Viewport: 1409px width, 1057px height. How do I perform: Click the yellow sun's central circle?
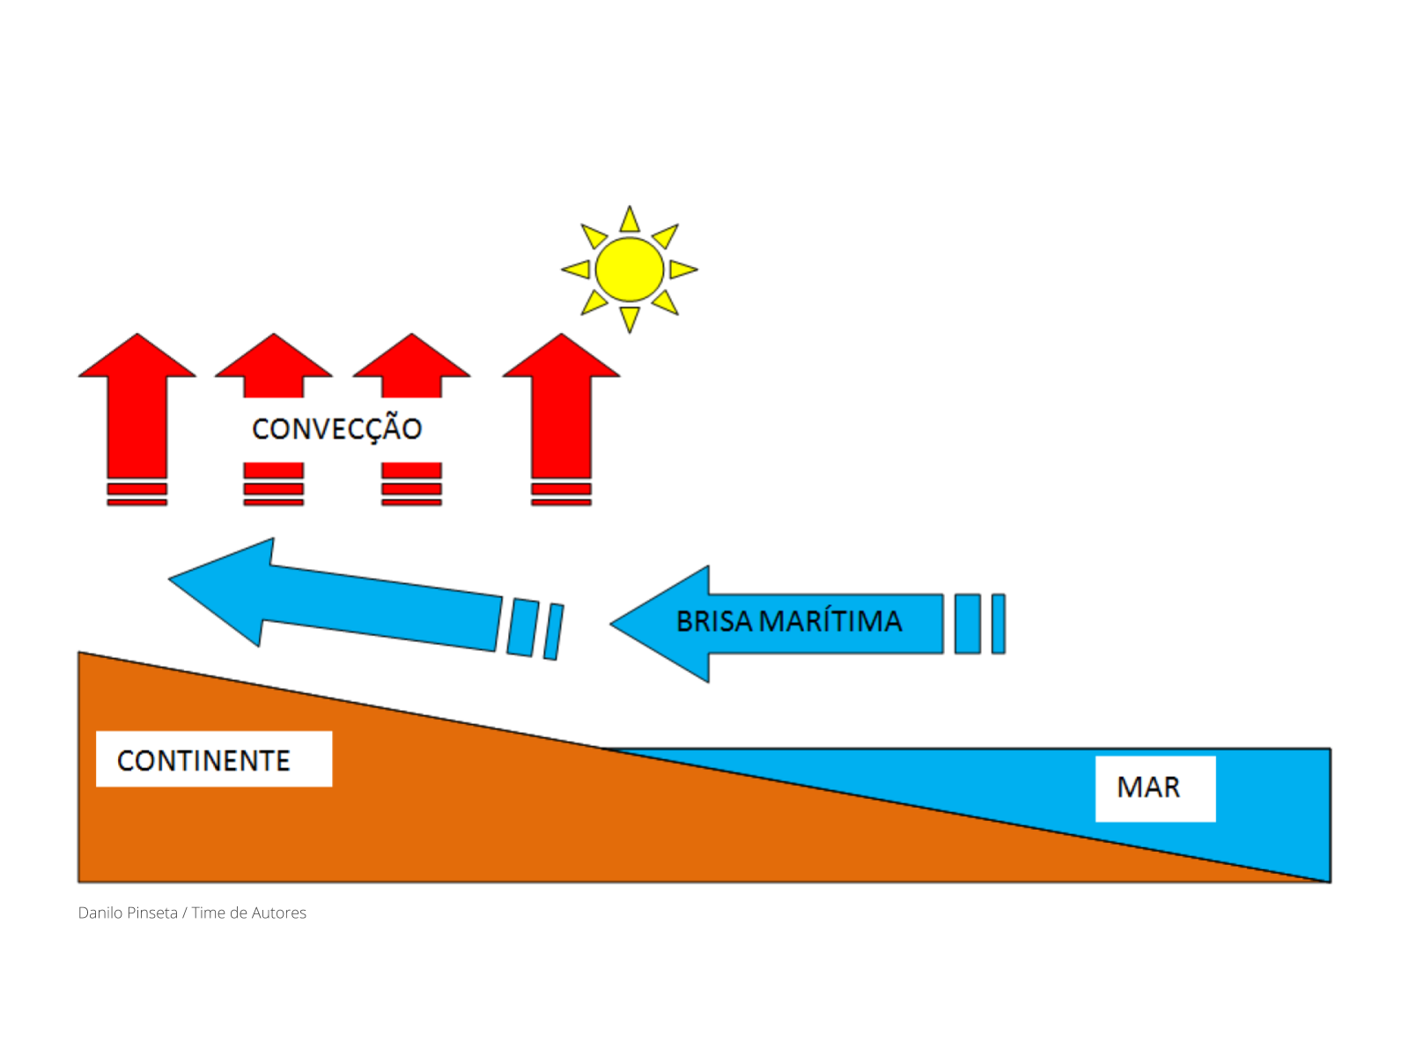click(x=629, y=270)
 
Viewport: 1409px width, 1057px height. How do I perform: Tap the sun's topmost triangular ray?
click(x=629, y=221)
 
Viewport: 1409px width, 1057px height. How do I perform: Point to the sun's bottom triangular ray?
click(x=629, y=317)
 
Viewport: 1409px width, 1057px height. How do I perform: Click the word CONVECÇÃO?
click(x=336, y=429)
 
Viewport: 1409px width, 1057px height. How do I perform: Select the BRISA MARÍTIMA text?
click(x=789, y=622)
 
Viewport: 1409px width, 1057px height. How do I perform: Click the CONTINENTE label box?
click(x=214, y=759)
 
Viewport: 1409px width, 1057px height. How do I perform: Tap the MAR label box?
click(x=1154, y=788)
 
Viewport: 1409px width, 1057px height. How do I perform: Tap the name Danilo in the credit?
click(x=102, y=913)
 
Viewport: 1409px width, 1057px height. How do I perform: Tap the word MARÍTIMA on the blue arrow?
click(x=830, y=622)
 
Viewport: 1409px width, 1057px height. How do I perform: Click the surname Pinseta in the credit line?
click(x=152, y=913)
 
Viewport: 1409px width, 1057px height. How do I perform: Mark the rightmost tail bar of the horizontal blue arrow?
click(x=998, y=624)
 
